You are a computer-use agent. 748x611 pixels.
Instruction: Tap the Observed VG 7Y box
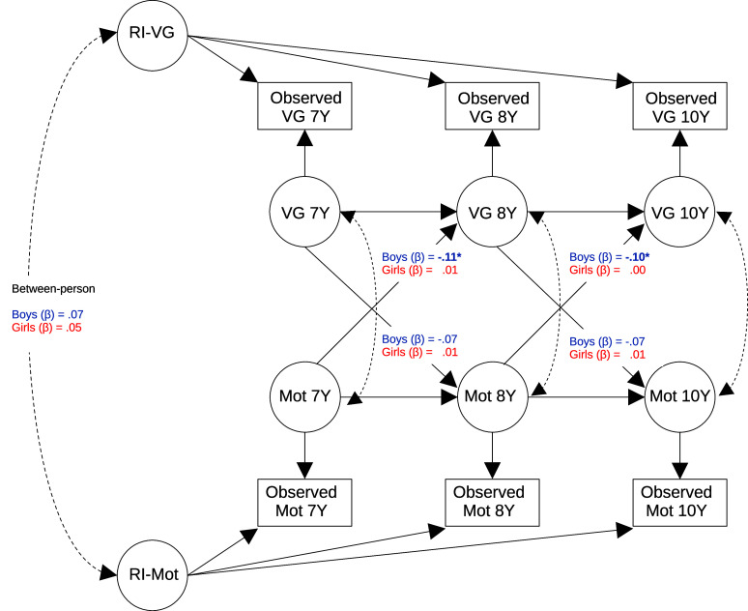point(305,107)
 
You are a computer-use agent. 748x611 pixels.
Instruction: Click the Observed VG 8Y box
point(493,107)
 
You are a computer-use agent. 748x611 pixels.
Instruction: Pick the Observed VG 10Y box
point(680,107)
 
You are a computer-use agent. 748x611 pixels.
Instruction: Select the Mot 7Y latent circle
point(305,395)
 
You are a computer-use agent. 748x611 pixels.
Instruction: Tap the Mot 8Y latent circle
point(493,395)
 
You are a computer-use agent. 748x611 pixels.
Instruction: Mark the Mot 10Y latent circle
point(680,395)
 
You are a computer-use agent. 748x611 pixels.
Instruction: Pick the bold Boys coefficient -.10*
point(634,257)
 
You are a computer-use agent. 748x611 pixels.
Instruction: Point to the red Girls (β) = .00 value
point(606,270)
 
